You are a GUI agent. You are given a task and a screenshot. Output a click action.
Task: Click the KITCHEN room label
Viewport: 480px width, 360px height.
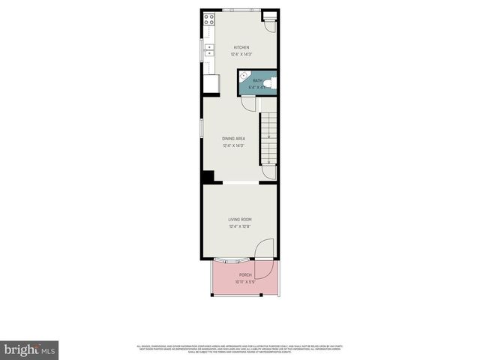pyautogui.click(x=241, y=47)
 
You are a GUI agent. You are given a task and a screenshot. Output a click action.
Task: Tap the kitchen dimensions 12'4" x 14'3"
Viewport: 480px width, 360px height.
pyautogui.click(x=241, y=54)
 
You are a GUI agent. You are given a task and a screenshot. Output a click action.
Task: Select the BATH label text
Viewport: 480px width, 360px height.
pyautogui.click(x=257, y=80)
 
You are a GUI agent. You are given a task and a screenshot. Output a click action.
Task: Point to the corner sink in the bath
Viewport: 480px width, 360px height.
pyautogui.click(x=243, y=75)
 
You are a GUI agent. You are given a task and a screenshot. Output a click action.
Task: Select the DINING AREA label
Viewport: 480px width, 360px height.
pyautogui.click(x=234, y=139)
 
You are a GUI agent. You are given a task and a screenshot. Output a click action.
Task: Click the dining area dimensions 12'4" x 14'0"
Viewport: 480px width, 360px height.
pyautogui.click(x=234, y=145)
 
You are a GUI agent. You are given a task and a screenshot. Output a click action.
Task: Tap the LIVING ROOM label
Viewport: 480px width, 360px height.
pyautogui.click(x=240, y=219)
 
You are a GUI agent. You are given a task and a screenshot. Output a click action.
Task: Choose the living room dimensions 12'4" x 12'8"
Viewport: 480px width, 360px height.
pyautogui.click(x=240, y=226)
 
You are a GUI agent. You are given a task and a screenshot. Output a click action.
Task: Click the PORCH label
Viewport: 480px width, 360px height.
pyautogui.click(x=245, y=275)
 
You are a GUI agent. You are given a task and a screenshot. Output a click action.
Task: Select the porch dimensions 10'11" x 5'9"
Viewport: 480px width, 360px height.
pyautogui.click(x=245, y=282)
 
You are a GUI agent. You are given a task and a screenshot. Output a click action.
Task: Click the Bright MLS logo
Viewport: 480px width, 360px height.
pyautogui.click(x=30, y=349)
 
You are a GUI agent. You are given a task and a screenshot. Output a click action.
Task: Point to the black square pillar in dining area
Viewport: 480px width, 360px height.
pyautogui.click(x=208, y=177)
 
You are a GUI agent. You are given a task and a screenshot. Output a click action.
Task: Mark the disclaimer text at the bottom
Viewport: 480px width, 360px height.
pyautogui.click(x=240, y=348)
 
